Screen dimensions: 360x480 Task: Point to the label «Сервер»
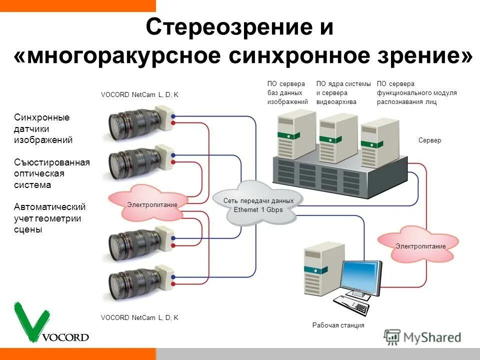pyautogui.click(x=429, y=140)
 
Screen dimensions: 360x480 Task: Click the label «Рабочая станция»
pyautogui.click(x=338, y=325)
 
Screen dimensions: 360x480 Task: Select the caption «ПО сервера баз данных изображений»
pyautogui.click(x=287, y=93)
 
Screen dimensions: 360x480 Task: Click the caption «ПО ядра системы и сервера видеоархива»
pyautogui.click(x=343, y=93)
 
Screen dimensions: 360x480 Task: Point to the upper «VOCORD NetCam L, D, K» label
pyautogui.click(x=139, y=94)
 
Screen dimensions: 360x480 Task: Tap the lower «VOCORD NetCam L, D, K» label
pyautogui.click(x=139, y=317)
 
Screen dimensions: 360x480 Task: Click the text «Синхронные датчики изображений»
pyautogui.click(x=43, y=128)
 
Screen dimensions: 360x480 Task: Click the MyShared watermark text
pyautogui.click(x=432, y=337)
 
